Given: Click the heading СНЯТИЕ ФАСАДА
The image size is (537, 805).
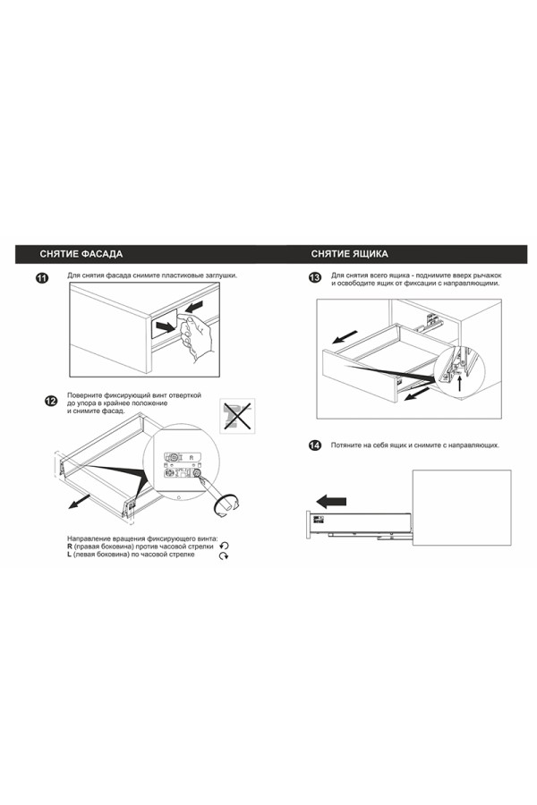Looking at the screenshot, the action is click(x=81, y=254).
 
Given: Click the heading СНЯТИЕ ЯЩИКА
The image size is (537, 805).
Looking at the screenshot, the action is click(x=349, y=254).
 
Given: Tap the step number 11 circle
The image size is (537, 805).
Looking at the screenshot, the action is click(x=42, y=279).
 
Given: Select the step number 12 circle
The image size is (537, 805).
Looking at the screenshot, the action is click(x=51, y=402).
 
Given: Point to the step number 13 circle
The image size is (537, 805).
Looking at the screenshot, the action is click(x=314, y=278).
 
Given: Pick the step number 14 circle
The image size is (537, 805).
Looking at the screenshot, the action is click(x=314, y=445).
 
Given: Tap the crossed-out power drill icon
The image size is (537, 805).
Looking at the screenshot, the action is click(x=237, y=415).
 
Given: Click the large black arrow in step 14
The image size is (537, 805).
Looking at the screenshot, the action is click(x=331, y=501).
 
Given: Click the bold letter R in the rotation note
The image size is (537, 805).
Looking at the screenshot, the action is click(x=70, y=547).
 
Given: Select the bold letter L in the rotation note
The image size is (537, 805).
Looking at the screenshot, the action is click(x=70, y=555).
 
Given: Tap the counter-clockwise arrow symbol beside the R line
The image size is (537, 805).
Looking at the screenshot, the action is click(x=224, y=547).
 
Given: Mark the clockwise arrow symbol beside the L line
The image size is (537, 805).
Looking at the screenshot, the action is click(x=224, y=556).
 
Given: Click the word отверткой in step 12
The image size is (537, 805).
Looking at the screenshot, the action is click(x=184, y=395).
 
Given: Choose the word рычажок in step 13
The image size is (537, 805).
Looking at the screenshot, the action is click(x=487, y=275).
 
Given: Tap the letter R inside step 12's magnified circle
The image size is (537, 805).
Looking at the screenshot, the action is click(x=192, y=456).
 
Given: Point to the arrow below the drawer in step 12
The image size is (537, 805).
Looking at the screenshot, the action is click(x=79, y=501).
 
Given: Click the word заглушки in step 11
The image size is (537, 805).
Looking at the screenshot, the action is click(x=221, y=275).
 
